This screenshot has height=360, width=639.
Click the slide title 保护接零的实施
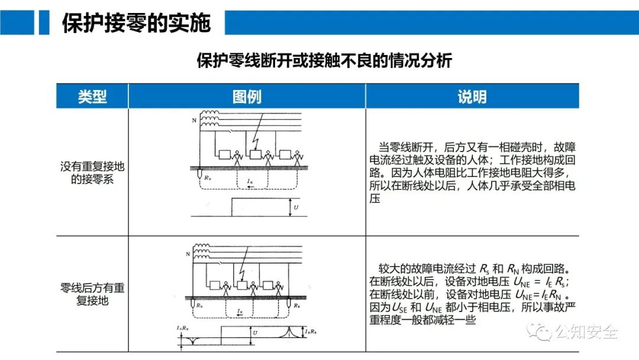pos(136,23)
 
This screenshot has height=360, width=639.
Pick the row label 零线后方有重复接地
pos(92,294)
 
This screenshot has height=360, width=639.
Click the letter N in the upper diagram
pos(193,120)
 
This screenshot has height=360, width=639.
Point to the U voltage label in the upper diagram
pos(295,207)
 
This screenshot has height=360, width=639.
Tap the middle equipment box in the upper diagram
pos(257,156)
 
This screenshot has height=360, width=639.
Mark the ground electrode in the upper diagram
pos(200,174)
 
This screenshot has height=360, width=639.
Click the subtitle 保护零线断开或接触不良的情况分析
pos(324,61)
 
